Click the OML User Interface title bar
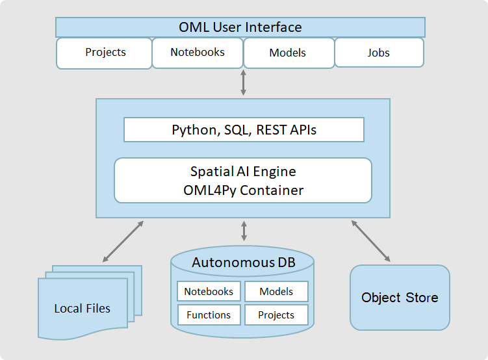(240, 27)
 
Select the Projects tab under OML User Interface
(105, 53)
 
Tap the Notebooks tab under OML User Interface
(198, 53)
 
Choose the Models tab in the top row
(288, 53)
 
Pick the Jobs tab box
(379, 53)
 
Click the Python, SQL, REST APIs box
(244, 130)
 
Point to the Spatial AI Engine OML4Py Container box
(243, 181)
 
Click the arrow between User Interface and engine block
(244, 83)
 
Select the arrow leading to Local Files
(123, 242)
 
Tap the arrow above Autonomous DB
(244, 231)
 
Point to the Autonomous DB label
(243, 263)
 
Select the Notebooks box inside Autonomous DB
(209, 292)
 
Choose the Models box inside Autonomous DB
(276, 292)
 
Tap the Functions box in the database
(209, 315)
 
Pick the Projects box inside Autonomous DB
(276, 315)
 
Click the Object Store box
(400, 298)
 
